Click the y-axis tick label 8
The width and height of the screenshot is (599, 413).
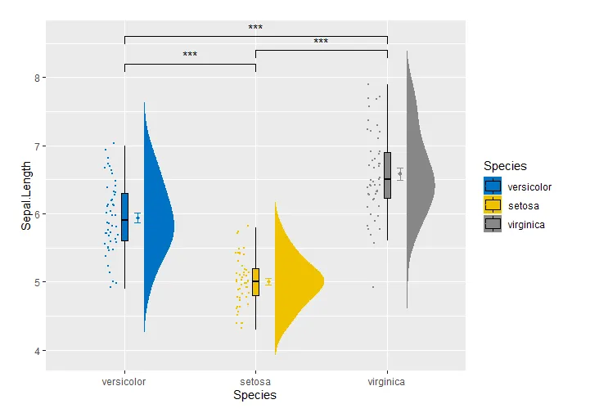click(x=37, y=78)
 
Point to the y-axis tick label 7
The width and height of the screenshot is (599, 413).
click(x=37, y=146)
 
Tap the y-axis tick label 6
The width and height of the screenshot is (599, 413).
click(x=37, y=214)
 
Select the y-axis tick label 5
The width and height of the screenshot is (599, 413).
click(x=37, y=283)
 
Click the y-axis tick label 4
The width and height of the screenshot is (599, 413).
click(x=37, y=351)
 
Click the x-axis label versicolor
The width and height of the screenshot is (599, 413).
click(x=124, y=382)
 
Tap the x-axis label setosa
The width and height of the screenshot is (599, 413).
click(x=255, y=382)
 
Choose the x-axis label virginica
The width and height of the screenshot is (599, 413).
click(x=387, y=382)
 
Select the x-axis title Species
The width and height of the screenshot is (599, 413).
click(x=254, y=396)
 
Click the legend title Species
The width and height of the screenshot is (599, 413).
click(x=505, y=167)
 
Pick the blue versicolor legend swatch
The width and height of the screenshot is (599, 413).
click(x=493, y=186)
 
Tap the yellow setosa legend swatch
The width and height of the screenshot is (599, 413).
click(x=493, y=205)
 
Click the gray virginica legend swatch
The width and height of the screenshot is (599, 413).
click(x=493, y=224)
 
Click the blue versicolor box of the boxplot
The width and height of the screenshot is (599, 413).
click(x=124, y=217)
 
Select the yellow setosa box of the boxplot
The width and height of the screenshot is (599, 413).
click(x=255, y=281)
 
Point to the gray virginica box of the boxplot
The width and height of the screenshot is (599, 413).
click(x=387, y=175)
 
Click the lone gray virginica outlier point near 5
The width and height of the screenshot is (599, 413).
click(x=372, y=287)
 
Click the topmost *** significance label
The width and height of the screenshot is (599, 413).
click(x=255, y=28)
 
